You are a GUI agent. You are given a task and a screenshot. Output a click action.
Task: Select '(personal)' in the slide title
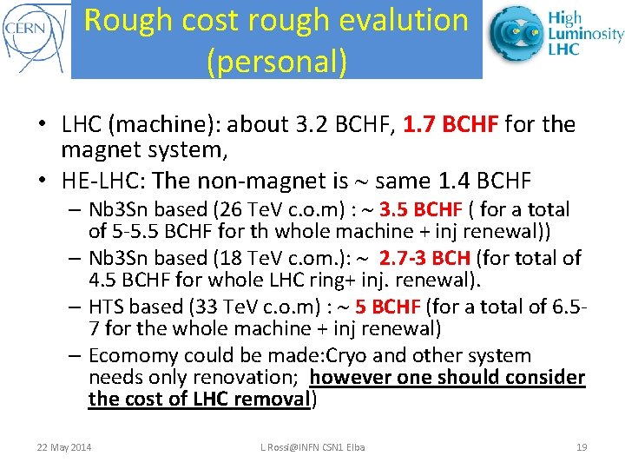point(277,60)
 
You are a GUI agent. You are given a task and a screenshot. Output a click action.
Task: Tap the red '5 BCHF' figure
point(387,307)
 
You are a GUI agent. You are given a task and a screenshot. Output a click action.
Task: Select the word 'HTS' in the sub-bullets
point(108,307)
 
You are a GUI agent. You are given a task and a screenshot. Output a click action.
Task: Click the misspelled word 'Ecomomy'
point(130,355)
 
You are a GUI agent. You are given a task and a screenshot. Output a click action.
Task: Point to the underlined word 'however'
point(347,377)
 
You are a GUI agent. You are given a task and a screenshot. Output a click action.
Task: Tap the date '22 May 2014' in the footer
point(64,447)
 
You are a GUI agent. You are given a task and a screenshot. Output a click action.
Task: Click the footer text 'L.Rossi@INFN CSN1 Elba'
point(312,447)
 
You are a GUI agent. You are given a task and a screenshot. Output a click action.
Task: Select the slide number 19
point(582,447)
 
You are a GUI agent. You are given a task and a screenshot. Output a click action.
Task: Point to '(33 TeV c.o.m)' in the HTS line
point(237,307)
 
